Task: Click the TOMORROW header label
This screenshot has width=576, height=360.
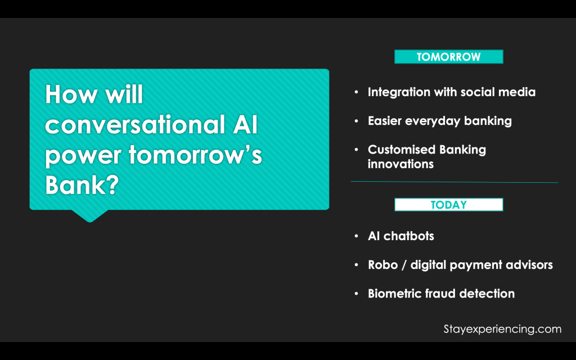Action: coord(448,57)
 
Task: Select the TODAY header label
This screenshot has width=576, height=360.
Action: coord(448,205)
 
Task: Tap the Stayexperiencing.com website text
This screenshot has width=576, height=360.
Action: coord(502,329)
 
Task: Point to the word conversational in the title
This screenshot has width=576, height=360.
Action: coord(135,124)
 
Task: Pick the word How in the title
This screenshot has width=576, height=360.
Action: coord(71,94)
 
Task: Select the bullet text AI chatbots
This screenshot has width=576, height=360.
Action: coord(400,236)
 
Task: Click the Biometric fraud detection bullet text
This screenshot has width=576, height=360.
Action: coord(441,294)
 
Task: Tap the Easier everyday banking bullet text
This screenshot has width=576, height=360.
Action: coord(440,121)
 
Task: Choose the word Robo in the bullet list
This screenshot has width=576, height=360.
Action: coord(382,265)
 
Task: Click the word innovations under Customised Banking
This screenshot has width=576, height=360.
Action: coord(400,164)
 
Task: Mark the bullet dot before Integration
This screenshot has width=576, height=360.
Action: coord(356,92)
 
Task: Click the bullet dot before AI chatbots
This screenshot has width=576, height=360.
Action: coord(356,236)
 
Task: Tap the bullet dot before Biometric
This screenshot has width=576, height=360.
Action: coord(356,294)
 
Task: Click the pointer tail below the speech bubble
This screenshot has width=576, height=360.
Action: coord(89,215)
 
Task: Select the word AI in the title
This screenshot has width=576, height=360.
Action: coord(245,124)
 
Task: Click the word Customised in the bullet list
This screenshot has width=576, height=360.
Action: coord(402,150)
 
